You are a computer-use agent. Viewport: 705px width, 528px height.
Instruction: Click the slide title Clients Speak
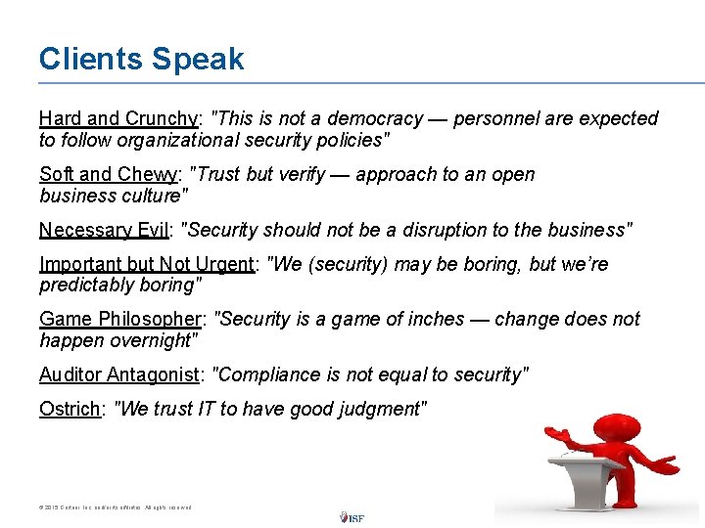click(x=141, y=59)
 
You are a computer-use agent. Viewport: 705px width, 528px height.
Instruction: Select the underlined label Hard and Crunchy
click(x=118, y=118)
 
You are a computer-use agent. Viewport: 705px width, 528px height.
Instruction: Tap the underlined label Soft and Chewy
click(x=109, y=175)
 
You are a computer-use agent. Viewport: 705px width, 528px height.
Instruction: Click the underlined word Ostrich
click(x=70, y=410)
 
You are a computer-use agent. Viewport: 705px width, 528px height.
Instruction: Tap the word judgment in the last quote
click(x=378, y=410)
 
